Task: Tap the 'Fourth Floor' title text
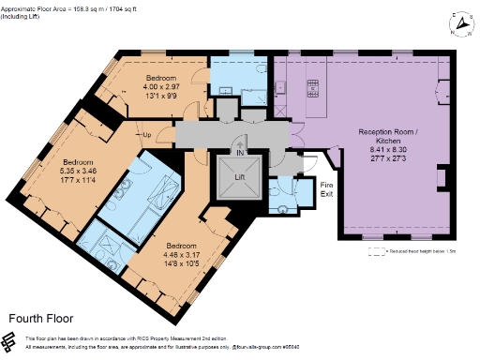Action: click(40, 319)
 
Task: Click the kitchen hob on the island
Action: click(311, 90)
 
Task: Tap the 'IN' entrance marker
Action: click(240, 152)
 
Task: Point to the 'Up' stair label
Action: click(146, 134)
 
